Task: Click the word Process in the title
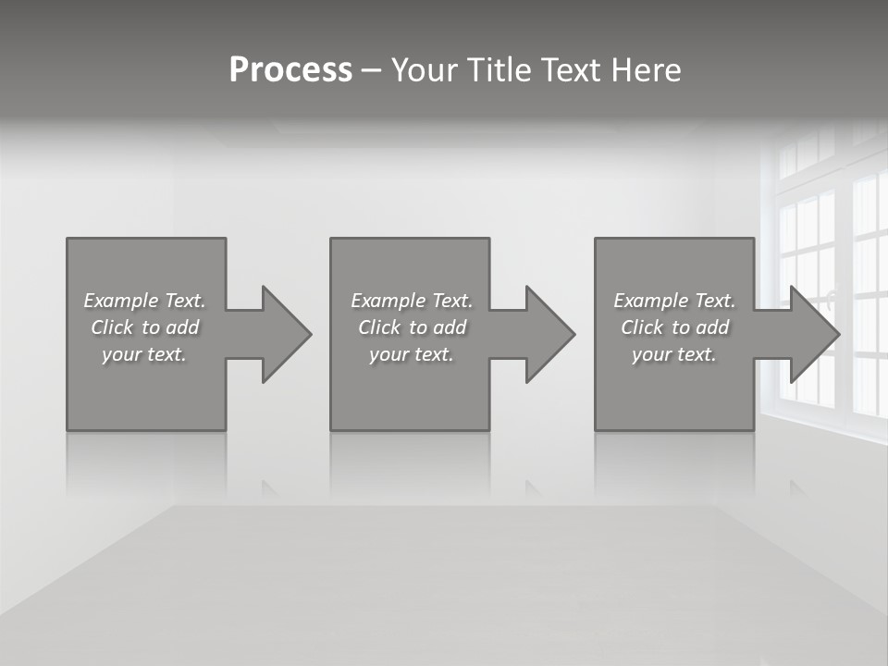290,70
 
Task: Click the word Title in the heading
497,70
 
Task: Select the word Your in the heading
424,70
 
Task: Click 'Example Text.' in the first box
144,301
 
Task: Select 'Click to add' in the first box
144,327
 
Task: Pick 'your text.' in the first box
144,354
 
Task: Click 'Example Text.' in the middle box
412,301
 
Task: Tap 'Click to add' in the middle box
412,327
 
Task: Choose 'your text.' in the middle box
412,354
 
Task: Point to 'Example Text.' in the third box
674,301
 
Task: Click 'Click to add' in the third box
674,327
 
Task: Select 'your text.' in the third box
674,354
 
